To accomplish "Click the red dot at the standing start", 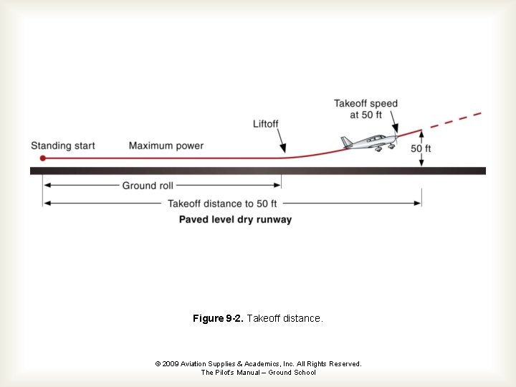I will pos(43,158).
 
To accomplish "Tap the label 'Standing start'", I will pos(63,146).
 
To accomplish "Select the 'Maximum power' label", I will pos(166,146).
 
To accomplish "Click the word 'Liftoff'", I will pos(266,124).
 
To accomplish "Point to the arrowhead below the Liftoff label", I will pos(285,151).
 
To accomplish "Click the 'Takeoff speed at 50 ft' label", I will pos(365,109).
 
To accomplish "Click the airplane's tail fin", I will pos(346,142).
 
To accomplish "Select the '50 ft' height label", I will pos(421,149).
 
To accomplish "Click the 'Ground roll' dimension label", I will pos(148,186).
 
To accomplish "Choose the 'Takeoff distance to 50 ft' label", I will pos(222,204).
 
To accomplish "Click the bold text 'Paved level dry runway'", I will pos(235,219).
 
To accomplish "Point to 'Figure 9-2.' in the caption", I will pos(218,318).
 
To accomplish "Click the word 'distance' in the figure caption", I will pos(302,318).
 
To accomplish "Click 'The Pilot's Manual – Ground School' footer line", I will pos(258,373).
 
